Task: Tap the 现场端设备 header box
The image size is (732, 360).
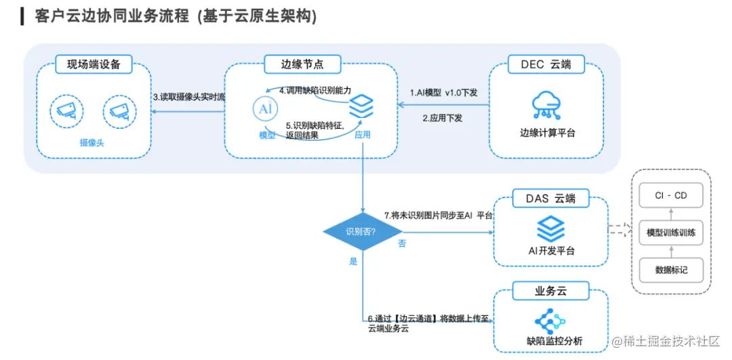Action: pos(94,65)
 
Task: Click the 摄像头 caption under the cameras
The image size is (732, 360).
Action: pos(92,144)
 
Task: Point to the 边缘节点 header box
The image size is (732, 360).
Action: pos(302,65)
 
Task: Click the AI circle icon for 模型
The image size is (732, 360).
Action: pos(266,109)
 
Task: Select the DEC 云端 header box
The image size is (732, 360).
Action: pos(546,65)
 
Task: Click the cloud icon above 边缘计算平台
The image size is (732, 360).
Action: pos(546,104)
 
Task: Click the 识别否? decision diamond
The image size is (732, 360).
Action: pos(361,231)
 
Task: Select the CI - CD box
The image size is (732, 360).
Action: pos(670,196)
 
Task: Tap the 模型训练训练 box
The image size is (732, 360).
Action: pos(670,233)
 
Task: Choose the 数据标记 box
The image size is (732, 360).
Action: pos(670,270)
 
